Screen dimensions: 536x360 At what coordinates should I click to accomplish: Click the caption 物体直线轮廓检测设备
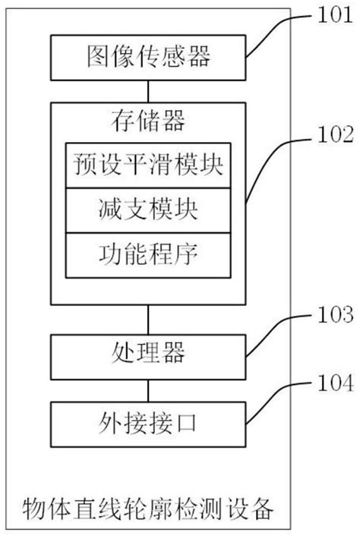point(148,504)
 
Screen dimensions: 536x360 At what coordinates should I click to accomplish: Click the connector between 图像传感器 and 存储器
point(148,90)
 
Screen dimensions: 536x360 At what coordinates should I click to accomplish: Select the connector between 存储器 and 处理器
point(148,319)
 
